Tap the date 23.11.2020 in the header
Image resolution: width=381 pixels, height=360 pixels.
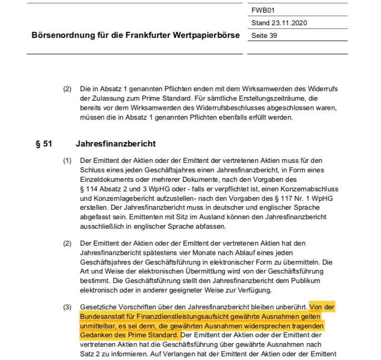[x=288, y=23]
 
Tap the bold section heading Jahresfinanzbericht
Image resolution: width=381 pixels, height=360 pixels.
[x=116, y=144]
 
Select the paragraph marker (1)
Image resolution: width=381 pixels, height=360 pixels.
[x=68, y=160]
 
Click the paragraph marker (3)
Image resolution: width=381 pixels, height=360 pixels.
[x=68, y=307]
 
